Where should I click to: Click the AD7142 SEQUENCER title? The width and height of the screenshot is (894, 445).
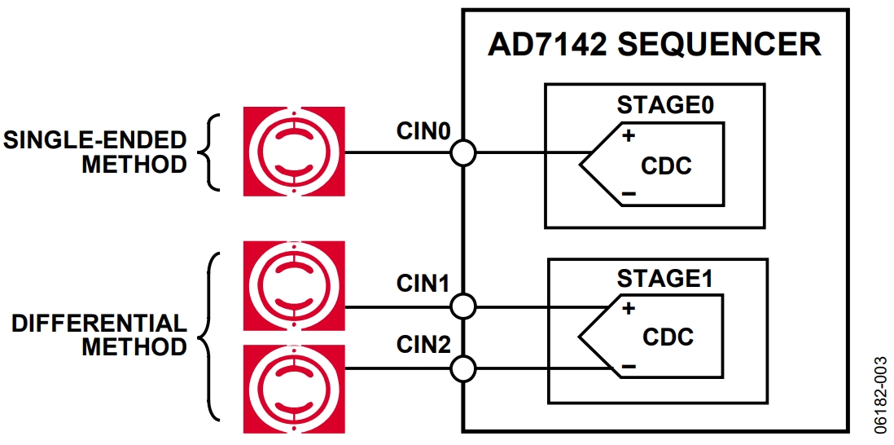(654, 45)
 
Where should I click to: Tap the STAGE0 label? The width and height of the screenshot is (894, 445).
(665, 106)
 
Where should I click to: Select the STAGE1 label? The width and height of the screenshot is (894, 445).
(665, 279)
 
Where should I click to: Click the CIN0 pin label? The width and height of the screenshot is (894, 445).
(423, 131)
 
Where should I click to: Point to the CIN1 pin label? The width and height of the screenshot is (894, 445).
(423, 284)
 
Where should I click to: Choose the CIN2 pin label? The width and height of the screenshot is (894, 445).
(423, 346)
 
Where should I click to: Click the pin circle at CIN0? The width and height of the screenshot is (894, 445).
(462, 152)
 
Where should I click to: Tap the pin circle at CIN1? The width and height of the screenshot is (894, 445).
(462, 306)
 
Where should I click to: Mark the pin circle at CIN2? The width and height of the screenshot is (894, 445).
(462, 368)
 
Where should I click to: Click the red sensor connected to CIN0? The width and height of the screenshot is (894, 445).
(294, 151)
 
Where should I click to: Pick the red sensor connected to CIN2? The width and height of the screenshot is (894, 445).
(294, 389)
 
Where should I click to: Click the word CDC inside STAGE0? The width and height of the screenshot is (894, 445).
(666, 166)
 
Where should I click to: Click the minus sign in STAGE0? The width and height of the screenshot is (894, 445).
(628, 193)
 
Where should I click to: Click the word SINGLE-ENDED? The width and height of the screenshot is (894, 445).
(95, 139)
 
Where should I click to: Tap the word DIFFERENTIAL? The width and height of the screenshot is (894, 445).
(99, 324)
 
